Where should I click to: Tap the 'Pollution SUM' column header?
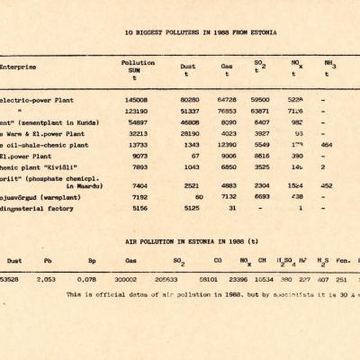tap(138, 67)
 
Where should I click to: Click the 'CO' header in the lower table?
tap(212, 261)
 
